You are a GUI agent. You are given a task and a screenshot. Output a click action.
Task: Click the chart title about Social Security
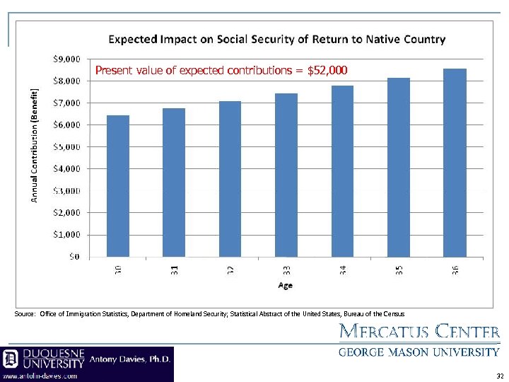pyautogui.click(x=276, y=40)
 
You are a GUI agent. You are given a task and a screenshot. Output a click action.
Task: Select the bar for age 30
pyautogui.click(x=118, y=186)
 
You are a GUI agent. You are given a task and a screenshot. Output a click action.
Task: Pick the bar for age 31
pyautogui.click(x=174, y=183)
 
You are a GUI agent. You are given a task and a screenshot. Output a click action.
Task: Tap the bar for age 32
pyautogui.click(x=230, y=179)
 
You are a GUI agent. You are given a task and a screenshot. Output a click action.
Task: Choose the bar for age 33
pyautogui.click(x=286, y=175)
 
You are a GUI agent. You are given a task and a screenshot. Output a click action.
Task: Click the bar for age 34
pyautogui.click(x=342, y=171)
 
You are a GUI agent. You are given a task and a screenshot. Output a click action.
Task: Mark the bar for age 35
pyautogui.click(x=399, y=167)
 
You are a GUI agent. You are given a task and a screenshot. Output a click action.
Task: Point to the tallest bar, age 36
pyautogui.click(x=455, y=163)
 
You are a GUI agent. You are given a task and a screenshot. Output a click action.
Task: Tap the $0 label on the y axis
pyautogui.click(x=74, y=257)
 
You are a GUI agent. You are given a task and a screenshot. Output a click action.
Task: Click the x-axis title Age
pyautogui.click(x=285, y=286)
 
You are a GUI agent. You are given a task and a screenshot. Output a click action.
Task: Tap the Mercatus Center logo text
pyautogui.click(x=420, y=331)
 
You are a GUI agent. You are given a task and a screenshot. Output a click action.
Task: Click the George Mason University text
pyautogui.click(x=419, y=352)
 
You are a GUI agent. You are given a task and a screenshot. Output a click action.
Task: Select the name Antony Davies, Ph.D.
pyautogui.click(x=130, y=359)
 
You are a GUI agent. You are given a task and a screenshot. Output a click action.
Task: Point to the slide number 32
pyautogui.click(x=501, y=376)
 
